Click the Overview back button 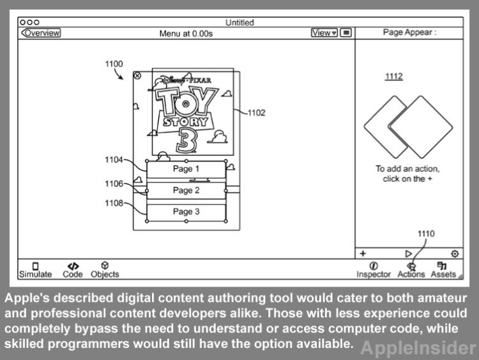pos(40,33)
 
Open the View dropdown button pos(324,33)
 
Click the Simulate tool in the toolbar pos(35,271)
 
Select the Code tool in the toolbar pos(73,270)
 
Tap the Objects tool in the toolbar pos(105,270)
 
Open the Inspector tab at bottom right pos(374,270)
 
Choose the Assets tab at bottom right pos(443,270)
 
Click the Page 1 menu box pos(186,169)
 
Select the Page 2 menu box pos(186,190)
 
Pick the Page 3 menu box pos(186,211)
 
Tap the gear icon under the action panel pos(455,253)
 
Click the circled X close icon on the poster pos(137,76)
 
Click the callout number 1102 pos(256,113)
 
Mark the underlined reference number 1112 pos(393,77)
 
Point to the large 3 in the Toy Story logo pos(186,139)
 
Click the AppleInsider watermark pos(418,348)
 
